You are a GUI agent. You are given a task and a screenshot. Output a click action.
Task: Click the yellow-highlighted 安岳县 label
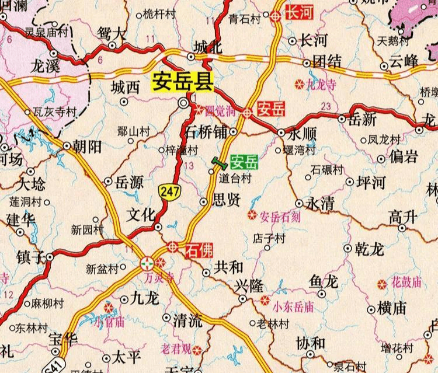coord(180,82)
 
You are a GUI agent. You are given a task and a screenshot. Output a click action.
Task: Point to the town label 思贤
coord(225,201)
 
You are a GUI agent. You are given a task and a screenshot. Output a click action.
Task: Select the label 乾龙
coord(369,249)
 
